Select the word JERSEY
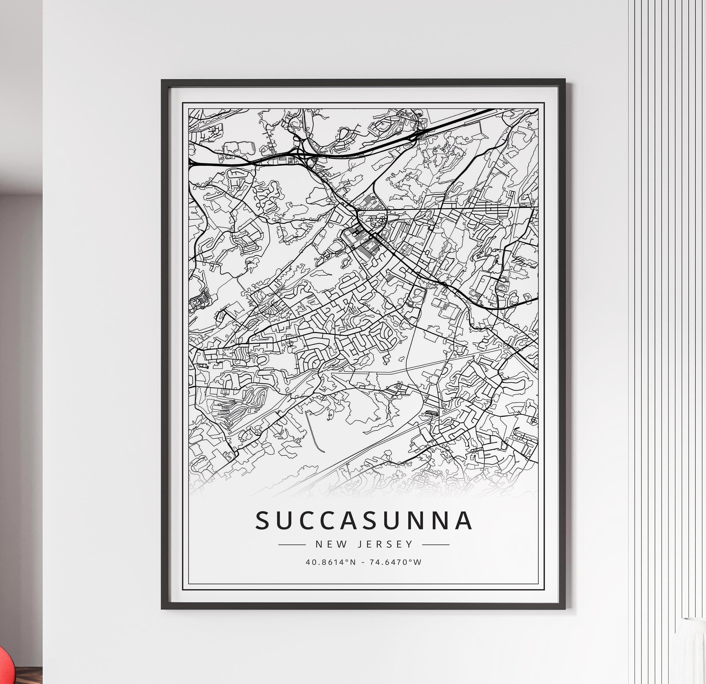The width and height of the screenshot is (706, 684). click(x=385, y=544)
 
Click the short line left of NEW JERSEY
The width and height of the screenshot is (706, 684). click(x=292, y=545)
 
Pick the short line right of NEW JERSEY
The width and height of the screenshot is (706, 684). click(x=436, y=545)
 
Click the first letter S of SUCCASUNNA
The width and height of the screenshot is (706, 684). click(x=263, y=520)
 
